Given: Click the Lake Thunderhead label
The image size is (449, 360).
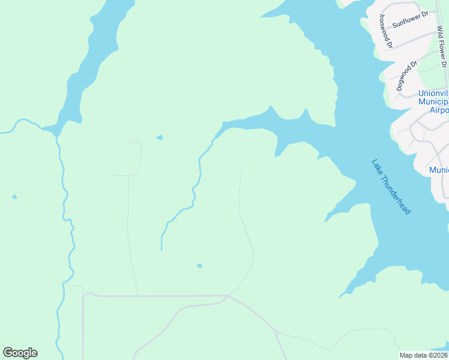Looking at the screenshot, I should [x=391, y=187].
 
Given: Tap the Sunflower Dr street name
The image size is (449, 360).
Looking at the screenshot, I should [x=414, y=20].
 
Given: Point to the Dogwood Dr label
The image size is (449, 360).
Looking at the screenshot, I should [x=406, y=76].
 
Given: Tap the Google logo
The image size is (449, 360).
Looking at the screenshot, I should [x=20, y=353].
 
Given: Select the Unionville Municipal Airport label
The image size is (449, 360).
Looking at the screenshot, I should [x=433, y=101].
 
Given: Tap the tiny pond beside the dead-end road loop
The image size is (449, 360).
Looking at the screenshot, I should [x=159, y=137].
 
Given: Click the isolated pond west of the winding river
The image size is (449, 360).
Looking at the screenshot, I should [x=14, y=196].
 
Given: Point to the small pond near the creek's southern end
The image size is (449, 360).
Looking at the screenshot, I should [x=199, y=266].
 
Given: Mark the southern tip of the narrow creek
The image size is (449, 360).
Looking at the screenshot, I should [x=161, y=248].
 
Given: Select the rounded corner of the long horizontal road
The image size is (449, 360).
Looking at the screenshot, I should [x=86, y=295].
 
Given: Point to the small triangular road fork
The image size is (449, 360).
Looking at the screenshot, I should [x=276, y=332].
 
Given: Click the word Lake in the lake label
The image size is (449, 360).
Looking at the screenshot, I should [x=376, y=166].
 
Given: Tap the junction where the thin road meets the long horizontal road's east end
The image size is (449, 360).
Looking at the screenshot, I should [x=228, y=295].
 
